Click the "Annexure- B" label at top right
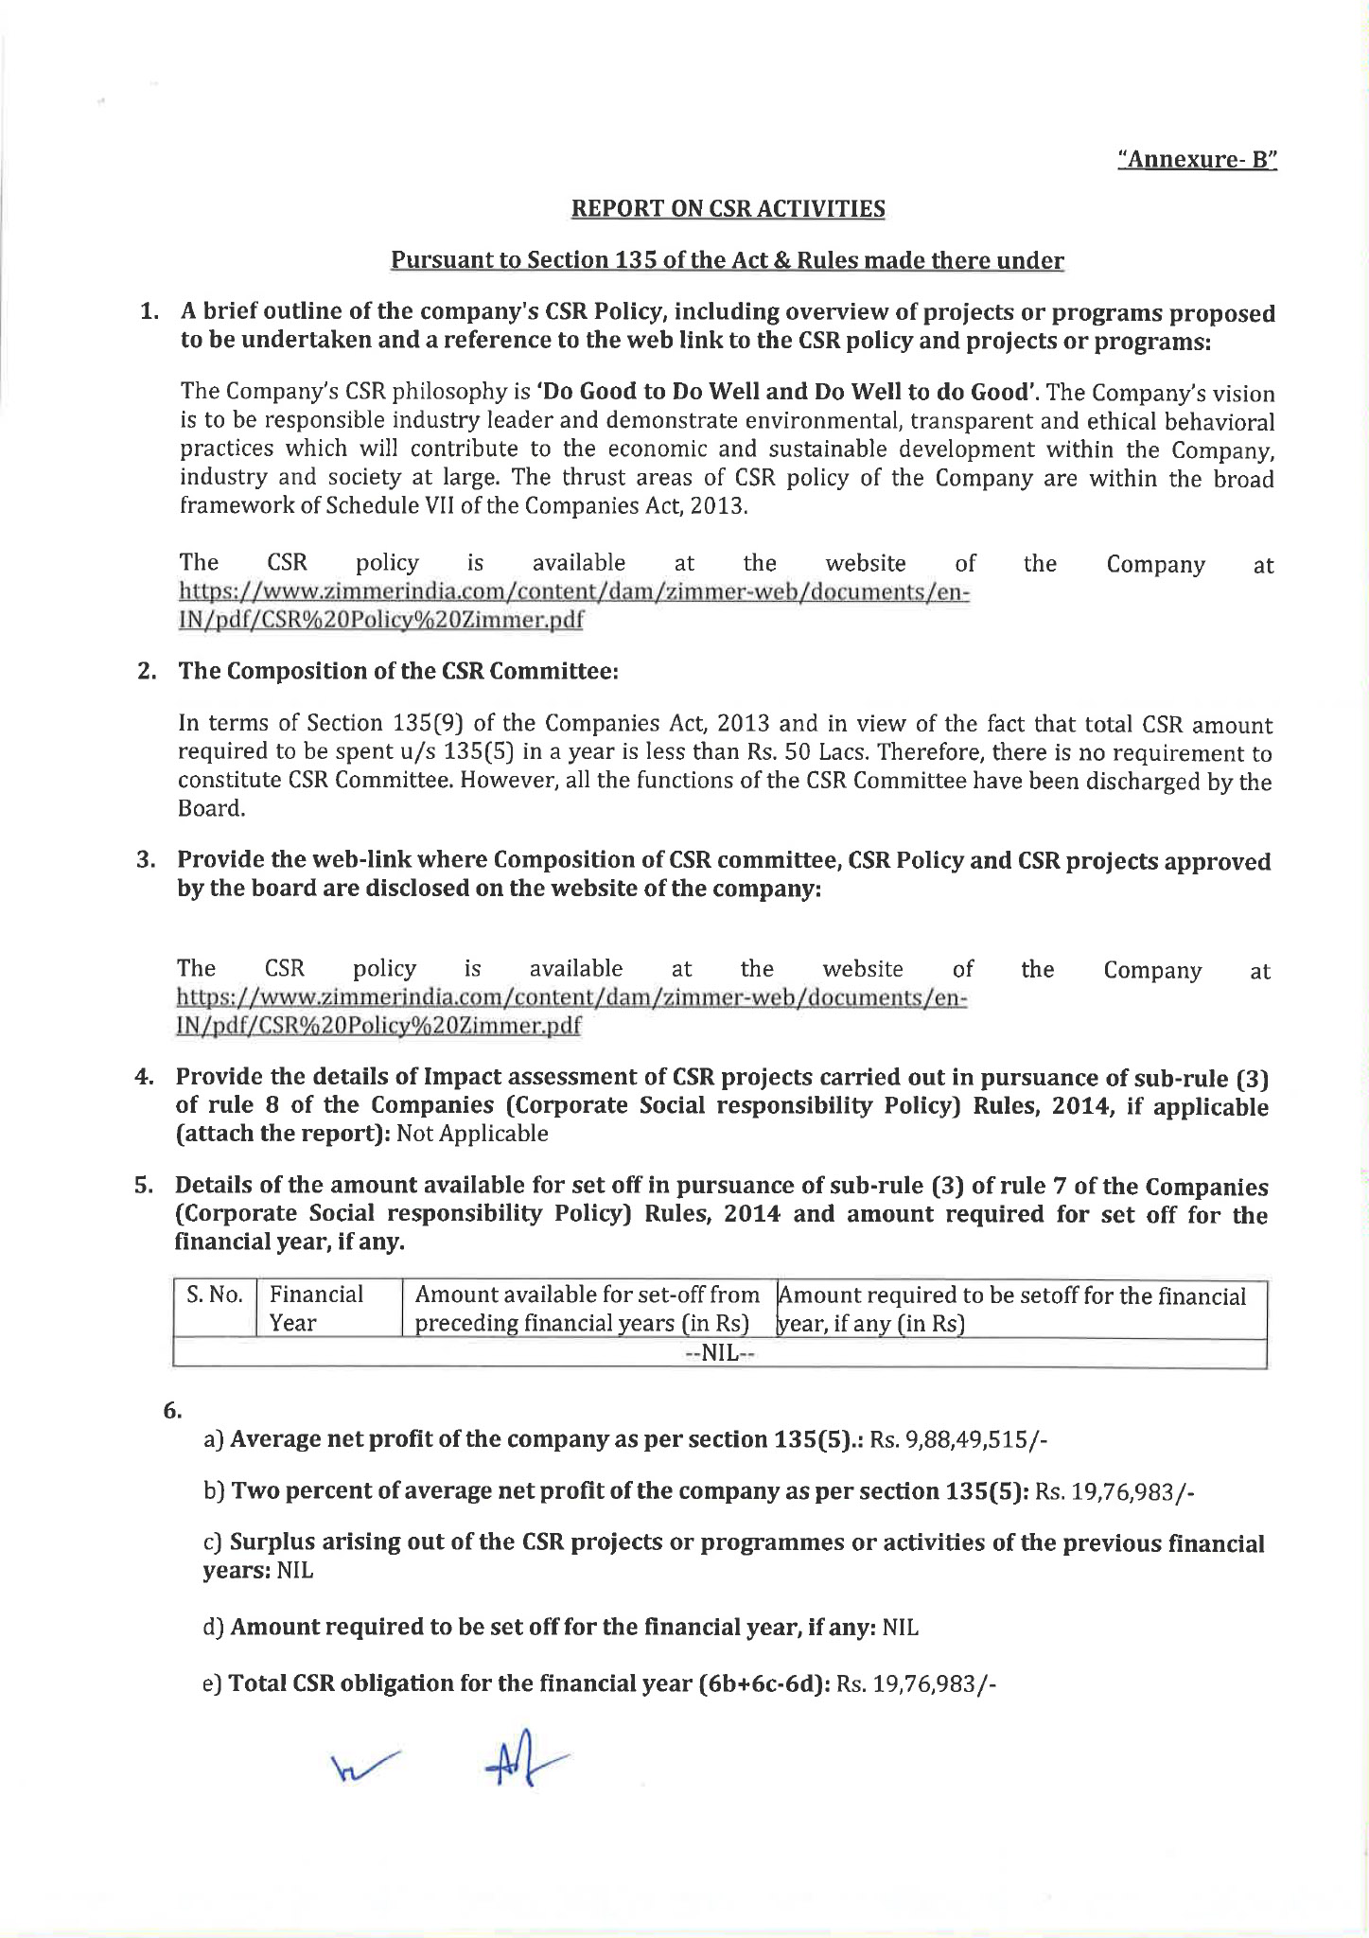point(1197,159)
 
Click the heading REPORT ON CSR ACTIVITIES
point(728,209)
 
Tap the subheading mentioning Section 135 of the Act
point(728,260)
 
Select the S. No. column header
point(215,1295)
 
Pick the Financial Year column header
point(316,1309)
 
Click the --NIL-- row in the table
point(719,1354)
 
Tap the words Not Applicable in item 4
point(472,1134)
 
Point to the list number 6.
point(172,1411)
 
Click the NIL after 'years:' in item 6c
point(295,1570)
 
